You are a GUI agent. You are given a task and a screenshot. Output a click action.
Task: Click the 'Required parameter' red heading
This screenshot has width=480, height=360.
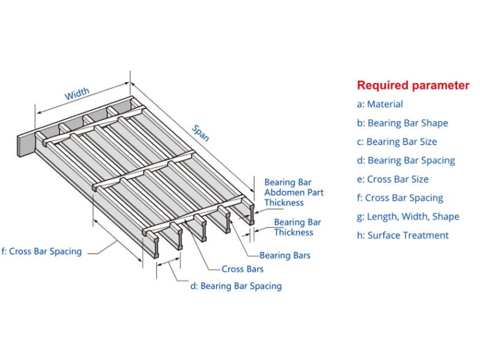point(413,85)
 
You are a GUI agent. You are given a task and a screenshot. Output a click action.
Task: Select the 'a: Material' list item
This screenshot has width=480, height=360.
point(380,104)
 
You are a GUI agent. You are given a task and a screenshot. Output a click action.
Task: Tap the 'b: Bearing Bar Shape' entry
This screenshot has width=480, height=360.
point(402,123)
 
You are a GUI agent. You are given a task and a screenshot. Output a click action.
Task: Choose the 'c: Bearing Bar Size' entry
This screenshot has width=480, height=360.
point(397,142)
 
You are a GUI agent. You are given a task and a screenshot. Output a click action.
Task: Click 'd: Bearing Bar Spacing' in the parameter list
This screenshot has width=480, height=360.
point(406,160)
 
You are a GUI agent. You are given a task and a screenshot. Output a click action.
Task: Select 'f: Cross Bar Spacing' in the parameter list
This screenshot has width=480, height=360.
point(400,197)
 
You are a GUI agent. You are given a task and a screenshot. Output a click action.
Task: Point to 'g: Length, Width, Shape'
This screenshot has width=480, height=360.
point(408,216)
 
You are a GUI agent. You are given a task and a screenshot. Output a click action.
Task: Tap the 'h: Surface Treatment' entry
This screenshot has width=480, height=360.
point(403,235)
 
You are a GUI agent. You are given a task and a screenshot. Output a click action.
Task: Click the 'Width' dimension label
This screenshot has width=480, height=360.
point(77,94)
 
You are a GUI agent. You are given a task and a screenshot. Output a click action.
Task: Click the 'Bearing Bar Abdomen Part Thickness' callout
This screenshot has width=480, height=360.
point(294,192)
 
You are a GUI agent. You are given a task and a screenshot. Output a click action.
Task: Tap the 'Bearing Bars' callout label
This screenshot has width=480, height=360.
point(285,256)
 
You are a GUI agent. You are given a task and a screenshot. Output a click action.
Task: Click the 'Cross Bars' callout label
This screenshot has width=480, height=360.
point(242,269)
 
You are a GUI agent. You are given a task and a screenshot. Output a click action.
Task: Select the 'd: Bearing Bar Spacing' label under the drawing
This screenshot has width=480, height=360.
point(236,286)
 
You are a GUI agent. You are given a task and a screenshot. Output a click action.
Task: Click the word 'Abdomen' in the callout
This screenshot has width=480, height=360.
point(284,192)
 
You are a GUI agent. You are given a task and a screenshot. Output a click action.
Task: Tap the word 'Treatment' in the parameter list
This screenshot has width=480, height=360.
point(426,235)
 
